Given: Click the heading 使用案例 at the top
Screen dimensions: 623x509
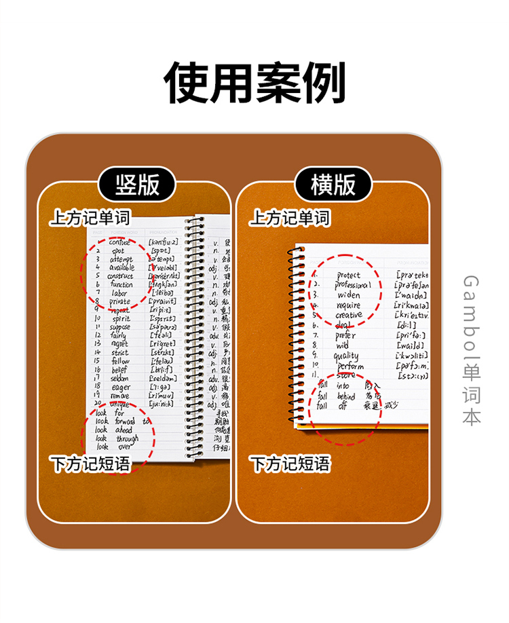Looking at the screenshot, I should click(254, 83).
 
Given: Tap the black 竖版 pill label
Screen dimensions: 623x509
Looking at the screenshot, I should click(138, 184).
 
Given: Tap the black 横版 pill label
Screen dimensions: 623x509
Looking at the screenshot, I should click(333, 184).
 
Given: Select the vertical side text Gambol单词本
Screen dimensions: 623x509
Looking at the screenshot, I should click(472, 350).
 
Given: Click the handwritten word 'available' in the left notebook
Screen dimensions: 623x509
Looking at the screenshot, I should click(122, 267).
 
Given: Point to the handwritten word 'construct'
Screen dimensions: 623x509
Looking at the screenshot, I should click(120, 276).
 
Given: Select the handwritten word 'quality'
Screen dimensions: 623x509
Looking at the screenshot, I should click(346, 355).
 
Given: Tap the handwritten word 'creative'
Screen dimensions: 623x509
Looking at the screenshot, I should click(349, 315).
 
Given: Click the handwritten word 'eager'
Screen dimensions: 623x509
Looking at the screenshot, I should click(122, 387).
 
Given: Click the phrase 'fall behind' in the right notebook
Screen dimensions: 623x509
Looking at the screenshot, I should click(337, 396).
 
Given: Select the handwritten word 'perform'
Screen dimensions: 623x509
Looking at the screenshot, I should click(350, 366).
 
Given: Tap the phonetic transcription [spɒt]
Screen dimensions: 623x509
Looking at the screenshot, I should click(162, 250).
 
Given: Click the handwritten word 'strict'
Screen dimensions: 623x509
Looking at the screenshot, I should click(120, 353).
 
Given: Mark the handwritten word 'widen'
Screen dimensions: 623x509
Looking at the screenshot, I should click(349, 295).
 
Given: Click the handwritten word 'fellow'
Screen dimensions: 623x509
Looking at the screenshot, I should click(120, 361).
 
